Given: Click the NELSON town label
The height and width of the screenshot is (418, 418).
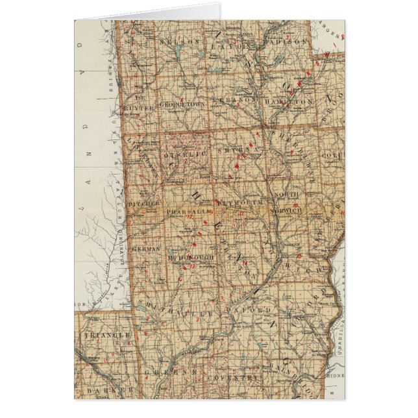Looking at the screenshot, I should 173,40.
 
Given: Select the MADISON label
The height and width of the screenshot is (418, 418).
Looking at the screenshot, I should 285,40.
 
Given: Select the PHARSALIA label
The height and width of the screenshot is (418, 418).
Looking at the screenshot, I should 187,212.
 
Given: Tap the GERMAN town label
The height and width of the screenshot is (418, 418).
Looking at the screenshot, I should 143,249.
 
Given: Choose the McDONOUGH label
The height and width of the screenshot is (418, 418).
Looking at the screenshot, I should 191,258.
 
